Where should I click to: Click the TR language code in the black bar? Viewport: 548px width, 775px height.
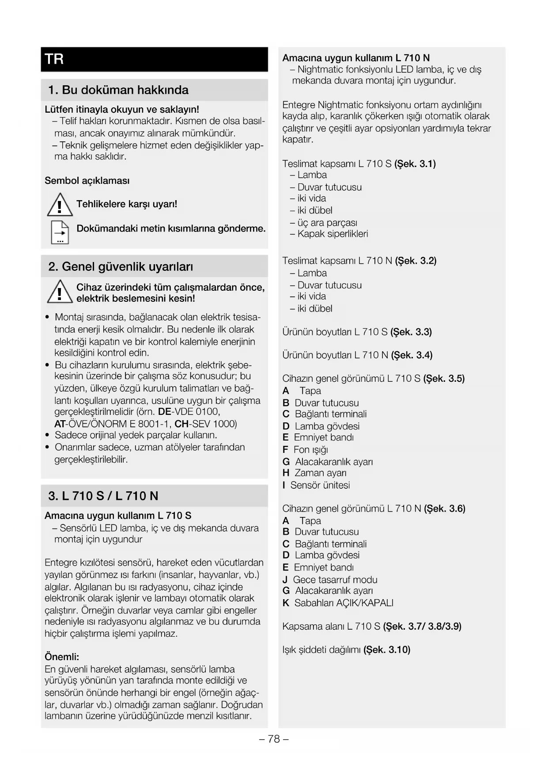pos(54,59)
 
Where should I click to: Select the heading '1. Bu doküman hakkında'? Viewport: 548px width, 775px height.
pos(118,90)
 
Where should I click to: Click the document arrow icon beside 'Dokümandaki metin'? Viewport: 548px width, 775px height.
pos(60,232)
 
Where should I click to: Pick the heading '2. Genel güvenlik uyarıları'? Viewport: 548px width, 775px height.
pos(121,266)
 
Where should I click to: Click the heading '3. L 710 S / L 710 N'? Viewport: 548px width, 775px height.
pos(103,496)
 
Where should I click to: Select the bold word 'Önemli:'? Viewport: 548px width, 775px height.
pos(62,657)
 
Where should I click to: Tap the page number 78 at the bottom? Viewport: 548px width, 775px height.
pos(274,739)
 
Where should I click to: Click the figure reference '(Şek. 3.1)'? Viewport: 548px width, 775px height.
pos(415,164)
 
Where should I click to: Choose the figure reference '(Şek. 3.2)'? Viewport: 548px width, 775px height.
pos(416,261)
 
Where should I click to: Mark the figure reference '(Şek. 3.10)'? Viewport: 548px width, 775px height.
pos(387,650)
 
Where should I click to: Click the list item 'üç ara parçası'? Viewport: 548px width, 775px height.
pos(327,223)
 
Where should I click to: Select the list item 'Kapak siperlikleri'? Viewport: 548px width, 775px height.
pos(333,234)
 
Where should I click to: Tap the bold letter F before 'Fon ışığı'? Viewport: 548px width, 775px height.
pos(285,450)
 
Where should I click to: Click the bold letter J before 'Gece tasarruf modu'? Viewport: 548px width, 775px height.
pos(285,580)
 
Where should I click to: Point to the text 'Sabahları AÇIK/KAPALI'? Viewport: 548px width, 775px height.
pos(344,603)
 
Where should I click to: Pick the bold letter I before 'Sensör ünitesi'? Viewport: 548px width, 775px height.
pos(284,485)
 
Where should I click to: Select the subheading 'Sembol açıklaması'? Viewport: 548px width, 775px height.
pos(87,181)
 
